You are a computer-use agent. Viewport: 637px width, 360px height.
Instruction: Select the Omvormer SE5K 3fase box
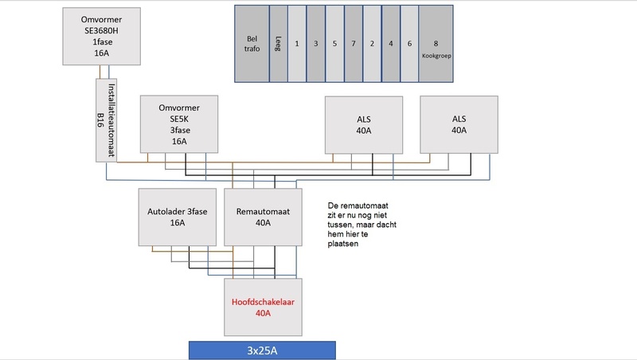click(180, 123)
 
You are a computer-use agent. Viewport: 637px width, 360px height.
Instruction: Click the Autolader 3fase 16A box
click(178, 217)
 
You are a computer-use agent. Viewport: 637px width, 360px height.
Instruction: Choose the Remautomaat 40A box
click(264, 217)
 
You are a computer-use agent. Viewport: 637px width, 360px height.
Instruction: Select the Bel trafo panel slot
click(252, 43)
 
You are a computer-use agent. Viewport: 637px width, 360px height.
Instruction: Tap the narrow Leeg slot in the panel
click(279, 43)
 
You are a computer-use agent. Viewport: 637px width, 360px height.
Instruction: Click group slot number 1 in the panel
click(296, 43)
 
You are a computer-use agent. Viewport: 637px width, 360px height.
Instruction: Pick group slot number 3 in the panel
click(315, 43)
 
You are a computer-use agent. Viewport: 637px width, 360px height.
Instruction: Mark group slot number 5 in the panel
click(334, 43)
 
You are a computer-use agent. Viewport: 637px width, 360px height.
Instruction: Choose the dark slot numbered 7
click(354, 43)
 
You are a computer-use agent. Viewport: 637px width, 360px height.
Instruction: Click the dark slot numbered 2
click(372, 43)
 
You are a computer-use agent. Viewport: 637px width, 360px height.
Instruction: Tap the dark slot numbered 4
click(391, 43)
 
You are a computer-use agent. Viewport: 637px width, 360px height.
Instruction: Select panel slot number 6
click(409, 43)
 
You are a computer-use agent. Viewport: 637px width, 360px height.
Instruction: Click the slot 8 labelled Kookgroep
click(436, 43)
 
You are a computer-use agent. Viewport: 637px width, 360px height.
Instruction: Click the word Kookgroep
click(436, 56)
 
